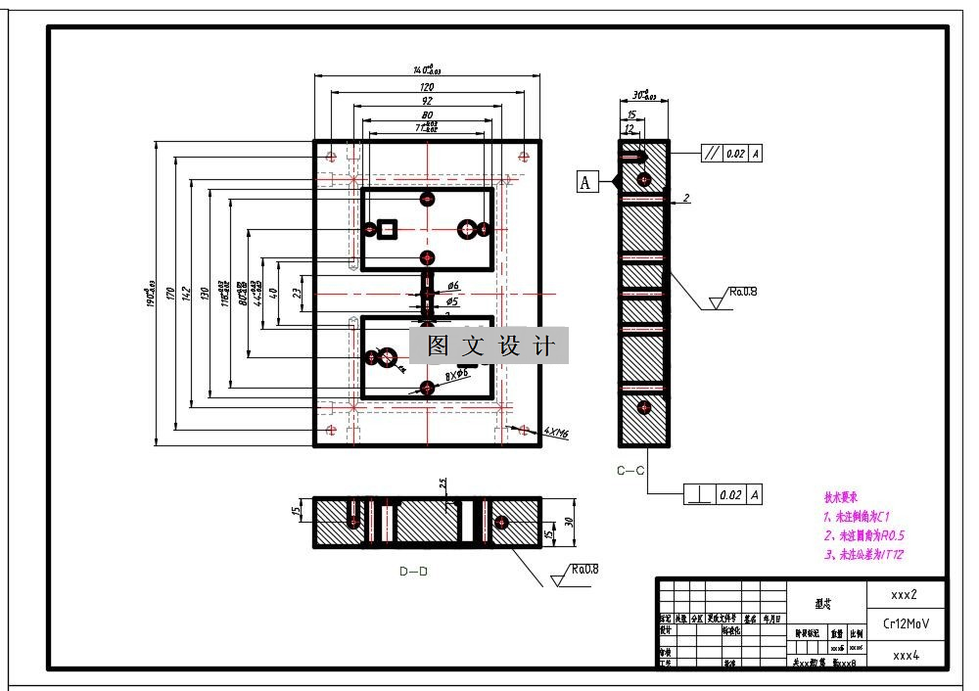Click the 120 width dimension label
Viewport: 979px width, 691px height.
[427, 87]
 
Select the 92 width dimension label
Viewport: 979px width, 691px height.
[427, 101]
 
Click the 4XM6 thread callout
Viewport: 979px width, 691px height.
[557, 432]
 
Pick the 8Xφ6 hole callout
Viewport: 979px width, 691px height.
[457, 375]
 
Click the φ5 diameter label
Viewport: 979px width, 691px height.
[452, 301]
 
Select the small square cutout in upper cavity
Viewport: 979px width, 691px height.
[388, 229]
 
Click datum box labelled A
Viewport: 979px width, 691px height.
[586, 182]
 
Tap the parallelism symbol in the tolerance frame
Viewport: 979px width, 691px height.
[712, 154]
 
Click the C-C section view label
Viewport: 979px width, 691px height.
[630, 471]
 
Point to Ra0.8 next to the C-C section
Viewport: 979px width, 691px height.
[743, 292]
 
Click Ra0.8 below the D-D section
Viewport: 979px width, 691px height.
[584, 569]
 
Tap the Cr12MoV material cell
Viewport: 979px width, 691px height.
[907, 623]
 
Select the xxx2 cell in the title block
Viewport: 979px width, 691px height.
[904, 594]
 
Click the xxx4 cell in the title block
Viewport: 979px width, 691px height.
[906, 655]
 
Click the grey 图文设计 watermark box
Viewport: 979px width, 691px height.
[489, 345]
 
